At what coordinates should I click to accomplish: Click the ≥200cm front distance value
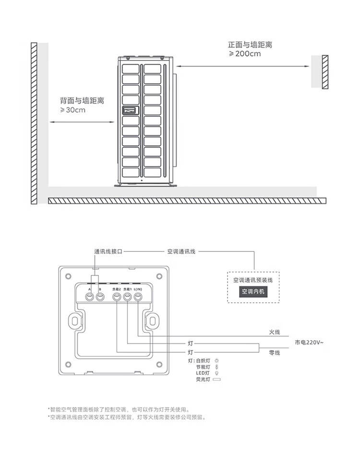[x=245, y=54]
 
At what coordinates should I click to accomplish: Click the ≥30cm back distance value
[x=72, y=110]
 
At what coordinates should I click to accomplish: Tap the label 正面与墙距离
[x=250, y=45]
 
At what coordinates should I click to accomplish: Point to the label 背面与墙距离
[x=82, y=101]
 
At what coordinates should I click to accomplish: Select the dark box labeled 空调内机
[x=253, y=291]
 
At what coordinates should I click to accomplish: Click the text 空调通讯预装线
[x=253, y=280]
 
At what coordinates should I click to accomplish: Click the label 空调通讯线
[x=181, y=251]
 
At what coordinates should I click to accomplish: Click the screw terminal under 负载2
[x=117, y=297]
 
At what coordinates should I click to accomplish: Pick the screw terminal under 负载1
[x=127, y=297]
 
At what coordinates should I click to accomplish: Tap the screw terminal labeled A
[x=90, y=297]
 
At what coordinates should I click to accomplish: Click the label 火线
[x=274, y=332]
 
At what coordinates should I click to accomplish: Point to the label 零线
[x=274, y=353]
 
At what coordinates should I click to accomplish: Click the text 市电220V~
[x=309, y=342]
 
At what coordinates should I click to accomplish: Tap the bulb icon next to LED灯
[x=216, y=373]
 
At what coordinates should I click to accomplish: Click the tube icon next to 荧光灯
[x=217, y=379]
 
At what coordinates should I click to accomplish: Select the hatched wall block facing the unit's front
[x=325, y=71]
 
